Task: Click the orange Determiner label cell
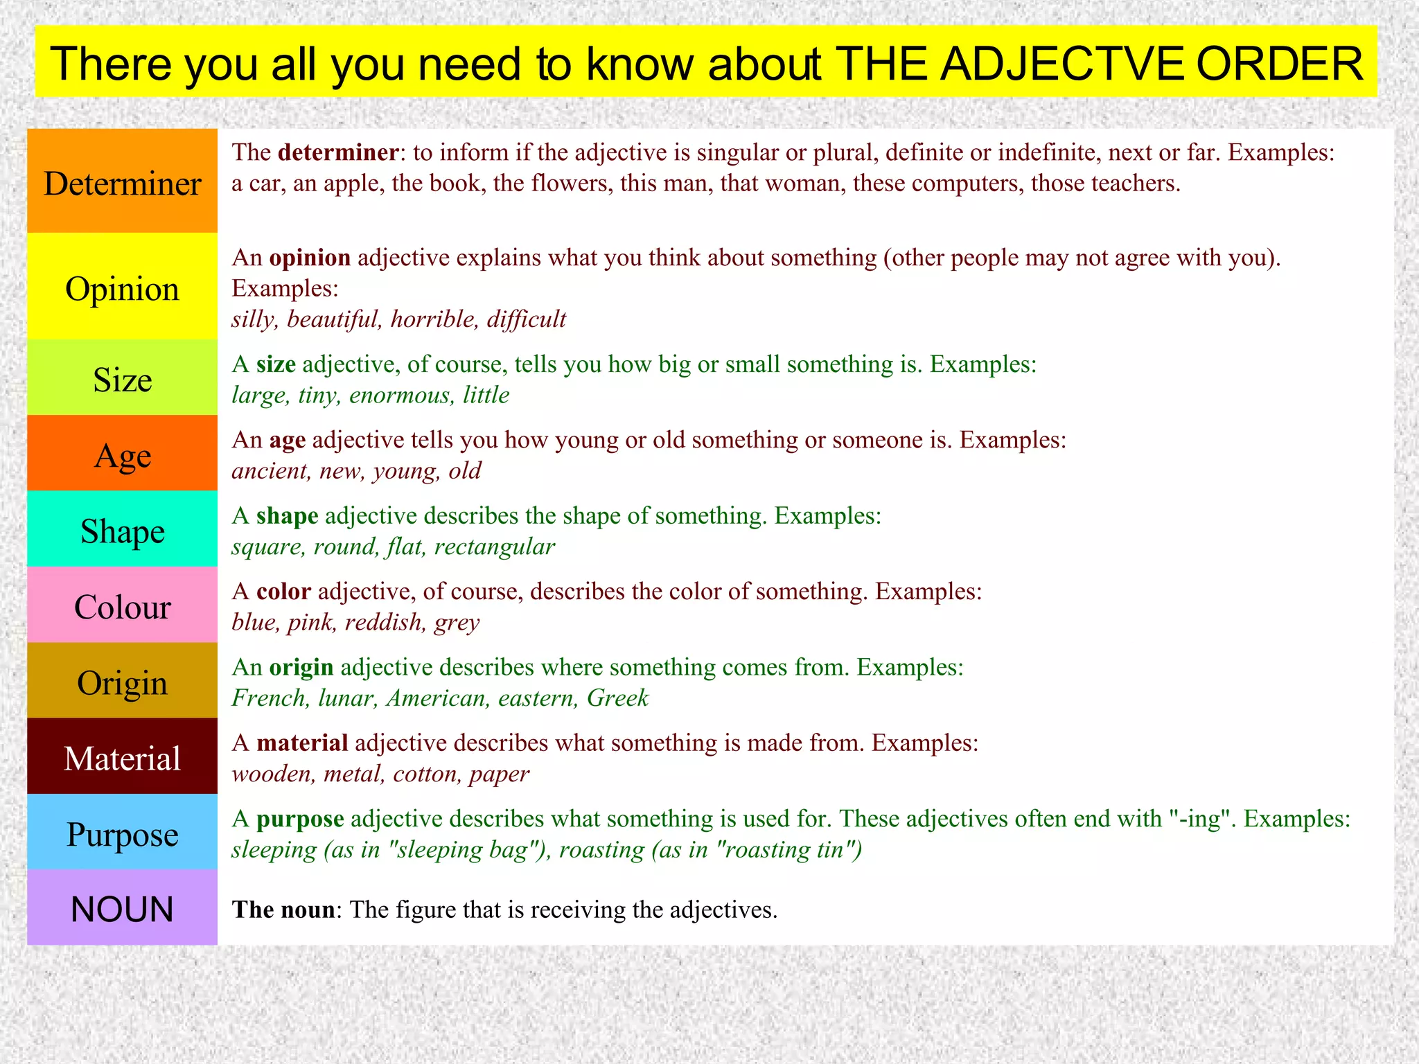122,181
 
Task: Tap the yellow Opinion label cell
122,287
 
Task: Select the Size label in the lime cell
122,379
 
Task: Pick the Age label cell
122,454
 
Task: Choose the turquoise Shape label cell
122,531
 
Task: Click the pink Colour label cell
122,606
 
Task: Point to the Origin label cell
122,682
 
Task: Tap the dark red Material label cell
122,757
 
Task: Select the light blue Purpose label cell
122,833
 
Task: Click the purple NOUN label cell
122,909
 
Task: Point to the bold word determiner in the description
338,152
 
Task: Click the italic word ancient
271,471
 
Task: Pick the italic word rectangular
494,547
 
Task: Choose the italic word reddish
384,623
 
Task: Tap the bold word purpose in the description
300,819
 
